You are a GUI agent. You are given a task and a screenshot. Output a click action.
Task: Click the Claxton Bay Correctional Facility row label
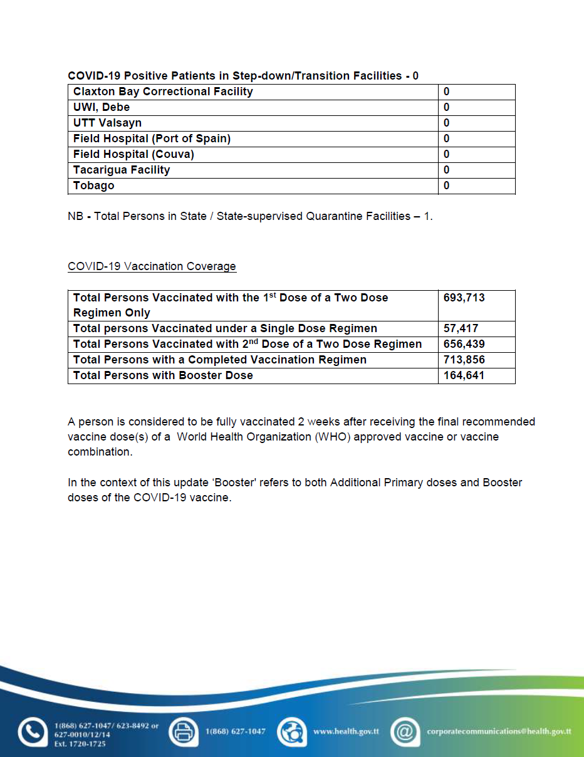pos(163,91)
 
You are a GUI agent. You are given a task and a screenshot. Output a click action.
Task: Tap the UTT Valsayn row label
pos(107,123)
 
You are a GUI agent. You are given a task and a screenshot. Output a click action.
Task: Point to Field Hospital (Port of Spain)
pos(152,138)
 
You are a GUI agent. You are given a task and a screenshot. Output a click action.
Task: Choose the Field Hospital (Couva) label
pos(133,154)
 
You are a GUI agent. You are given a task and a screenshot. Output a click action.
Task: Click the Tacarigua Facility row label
pos(122,170)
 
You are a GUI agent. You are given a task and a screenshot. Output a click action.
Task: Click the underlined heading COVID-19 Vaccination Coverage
pos(152,266)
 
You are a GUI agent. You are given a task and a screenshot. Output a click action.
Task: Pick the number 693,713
pos(464,298)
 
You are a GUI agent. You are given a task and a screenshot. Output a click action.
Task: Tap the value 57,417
pos(461,328)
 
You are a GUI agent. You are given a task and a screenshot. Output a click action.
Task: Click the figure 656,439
pos(464,344)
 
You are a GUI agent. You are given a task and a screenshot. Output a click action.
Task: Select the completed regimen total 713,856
pos(464,360)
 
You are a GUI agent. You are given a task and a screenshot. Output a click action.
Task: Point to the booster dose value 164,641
pos(464,375)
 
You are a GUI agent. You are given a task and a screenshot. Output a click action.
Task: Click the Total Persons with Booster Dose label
pos(163,375)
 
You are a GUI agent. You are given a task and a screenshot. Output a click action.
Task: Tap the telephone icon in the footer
pos(32,732)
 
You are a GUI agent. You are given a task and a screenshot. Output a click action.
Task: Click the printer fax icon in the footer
pos(184,731)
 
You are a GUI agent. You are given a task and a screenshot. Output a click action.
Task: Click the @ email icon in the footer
pos(405,731)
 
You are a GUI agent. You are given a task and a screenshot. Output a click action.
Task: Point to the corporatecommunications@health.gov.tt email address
pos(499,731)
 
